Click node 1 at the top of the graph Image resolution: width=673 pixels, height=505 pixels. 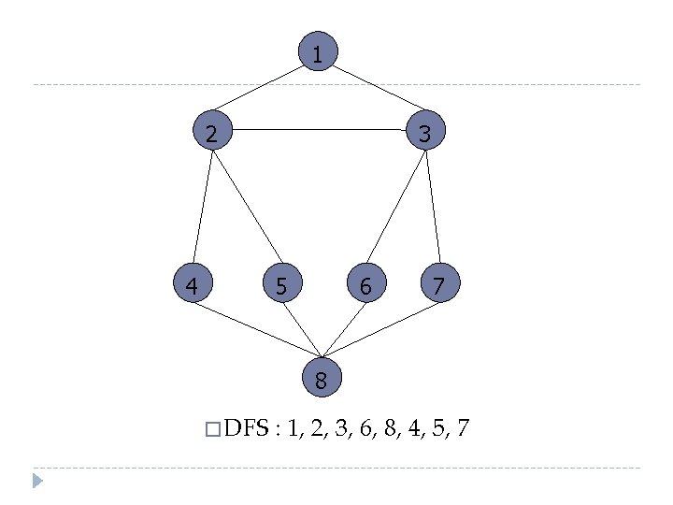(318, 53)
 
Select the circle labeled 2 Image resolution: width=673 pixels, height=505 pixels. (213, 132)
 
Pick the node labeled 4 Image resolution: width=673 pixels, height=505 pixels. (193, 283)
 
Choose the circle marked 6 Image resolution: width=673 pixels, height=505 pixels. (365, 283)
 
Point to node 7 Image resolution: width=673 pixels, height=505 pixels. (440, 283)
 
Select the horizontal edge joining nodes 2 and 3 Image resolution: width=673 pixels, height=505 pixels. (319, 129)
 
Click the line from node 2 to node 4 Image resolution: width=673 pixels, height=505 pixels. (203, 207)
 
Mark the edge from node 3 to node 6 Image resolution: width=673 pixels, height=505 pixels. (395, 207)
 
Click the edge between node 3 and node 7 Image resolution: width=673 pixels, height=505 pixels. (433, 207)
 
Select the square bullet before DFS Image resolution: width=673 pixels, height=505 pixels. (212, 430)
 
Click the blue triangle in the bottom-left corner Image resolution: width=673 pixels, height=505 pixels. (36, 482)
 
